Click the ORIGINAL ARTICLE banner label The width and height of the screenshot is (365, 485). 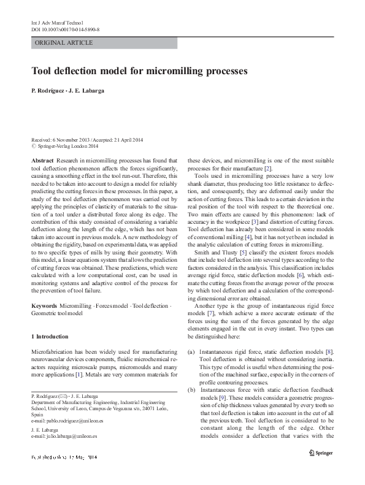[x=64, y=43]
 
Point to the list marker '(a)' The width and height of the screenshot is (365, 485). [x=191, y=351]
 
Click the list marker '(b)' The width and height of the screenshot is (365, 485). [x=191, y=389]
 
